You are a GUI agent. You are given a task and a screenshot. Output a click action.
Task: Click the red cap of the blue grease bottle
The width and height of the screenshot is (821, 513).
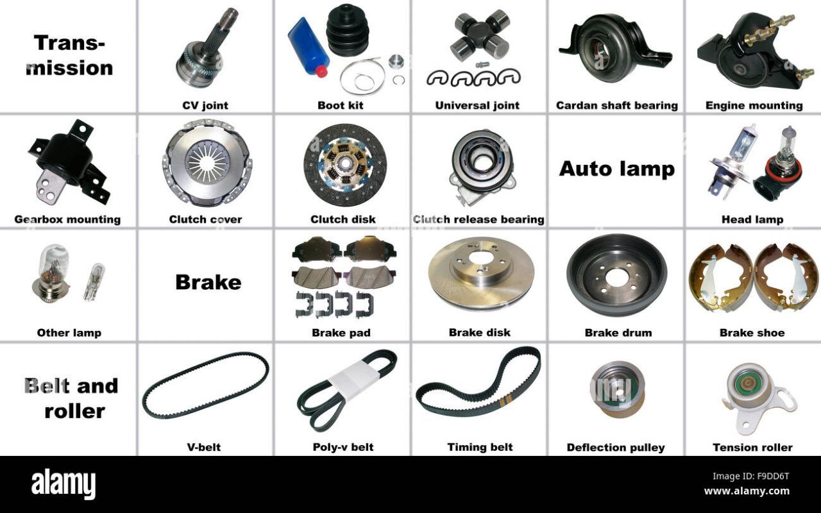[321, 71]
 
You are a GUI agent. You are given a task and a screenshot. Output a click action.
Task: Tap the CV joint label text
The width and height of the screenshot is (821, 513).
[205, 106]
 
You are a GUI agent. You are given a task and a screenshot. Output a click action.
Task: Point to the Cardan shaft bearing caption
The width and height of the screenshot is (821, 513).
[617, 106]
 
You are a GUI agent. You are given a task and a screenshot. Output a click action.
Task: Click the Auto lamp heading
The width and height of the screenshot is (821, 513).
[617, 169]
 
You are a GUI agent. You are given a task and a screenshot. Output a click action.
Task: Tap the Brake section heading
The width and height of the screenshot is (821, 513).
[208, 283]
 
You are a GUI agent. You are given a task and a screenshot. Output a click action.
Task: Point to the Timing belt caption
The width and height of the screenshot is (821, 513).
[480, 447]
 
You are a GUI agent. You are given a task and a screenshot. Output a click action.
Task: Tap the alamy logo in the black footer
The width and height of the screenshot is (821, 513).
[63, 484]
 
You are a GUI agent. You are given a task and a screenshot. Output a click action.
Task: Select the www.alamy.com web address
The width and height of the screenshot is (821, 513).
[747, 491]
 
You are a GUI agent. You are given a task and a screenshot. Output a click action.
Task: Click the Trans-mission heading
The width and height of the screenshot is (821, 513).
[70, 55]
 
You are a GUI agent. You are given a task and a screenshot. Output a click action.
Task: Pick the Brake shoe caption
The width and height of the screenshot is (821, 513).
[752, 333]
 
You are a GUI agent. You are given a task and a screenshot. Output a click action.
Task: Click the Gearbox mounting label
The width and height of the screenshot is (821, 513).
[67, 219]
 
